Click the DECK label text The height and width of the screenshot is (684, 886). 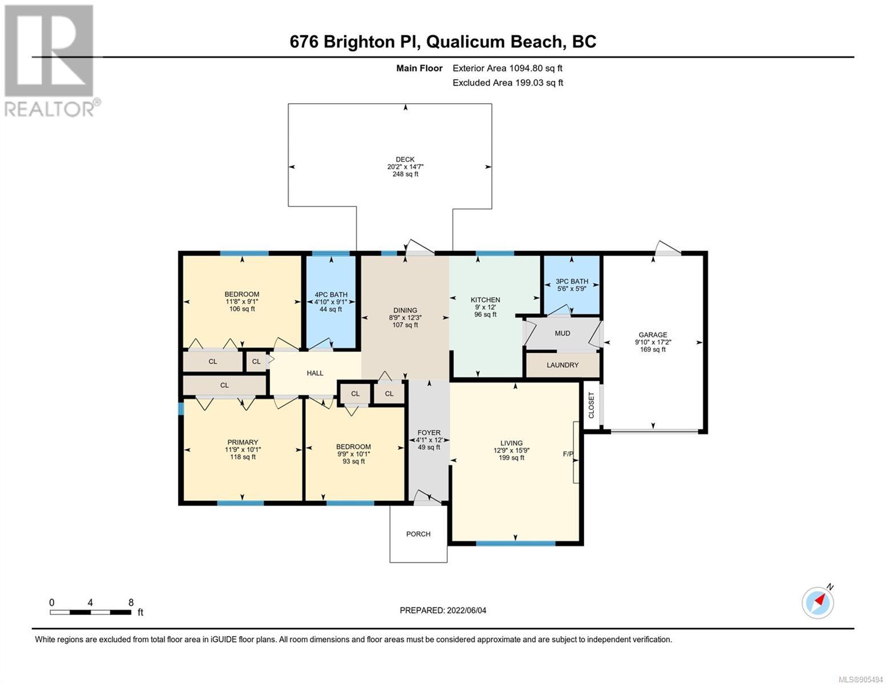click(405, 159)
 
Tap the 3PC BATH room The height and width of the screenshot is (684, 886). click(572, 285)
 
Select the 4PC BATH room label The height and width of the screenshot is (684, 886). click(331, 295)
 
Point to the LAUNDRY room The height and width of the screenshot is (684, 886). click(563, 365)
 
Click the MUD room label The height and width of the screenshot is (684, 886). click(563, 333)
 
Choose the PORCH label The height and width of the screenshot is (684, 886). click(418, 534)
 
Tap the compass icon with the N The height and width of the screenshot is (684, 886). click(818, 602)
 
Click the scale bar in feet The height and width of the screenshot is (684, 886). click(91, 612)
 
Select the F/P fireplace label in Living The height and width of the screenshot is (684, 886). click(568, 454)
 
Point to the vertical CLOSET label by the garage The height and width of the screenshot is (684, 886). click(591, 405)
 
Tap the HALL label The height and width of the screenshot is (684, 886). click(315, 373)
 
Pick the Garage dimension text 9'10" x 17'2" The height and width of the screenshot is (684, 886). click(653, 342)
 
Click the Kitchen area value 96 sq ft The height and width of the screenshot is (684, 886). click(485, 315)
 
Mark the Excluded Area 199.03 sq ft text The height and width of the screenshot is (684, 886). click(508, 83)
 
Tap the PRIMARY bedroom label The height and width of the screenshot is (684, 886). click(242, 442)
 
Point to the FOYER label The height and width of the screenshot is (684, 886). click(429, 432)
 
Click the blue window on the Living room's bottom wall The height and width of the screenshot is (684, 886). click(515, 543)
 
